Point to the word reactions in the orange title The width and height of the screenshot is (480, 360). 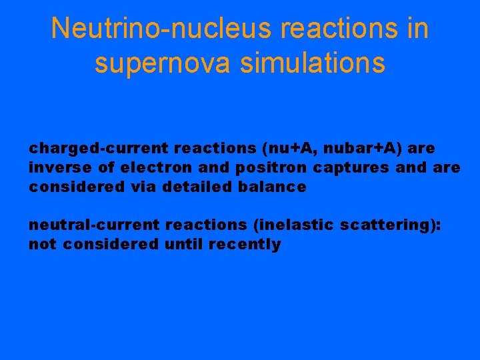pyautogui.click(x=335, y=28)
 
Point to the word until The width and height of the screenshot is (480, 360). pyautogui.click(x=184, y=245)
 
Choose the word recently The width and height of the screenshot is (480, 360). pyautogui.click(x=245, y=245)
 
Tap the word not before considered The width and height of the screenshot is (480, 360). pyautogui.click(x=41, y=245)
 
